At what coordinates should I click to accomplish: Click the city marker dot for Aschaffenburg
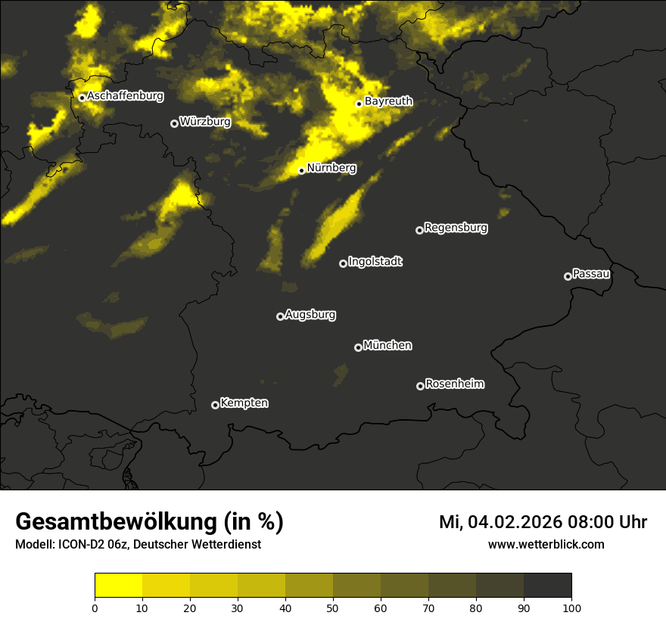click(x=82, y=98)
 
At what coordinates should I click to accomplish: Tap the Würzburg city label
click(x=205, y=122)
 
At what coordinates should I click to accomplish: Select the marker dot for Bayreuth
click(x=359, y=104)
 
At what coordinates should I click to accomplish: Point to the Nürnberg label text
click(x=331, y=168)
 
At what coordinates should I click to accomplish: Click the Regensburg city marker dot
click(x=419, y=230)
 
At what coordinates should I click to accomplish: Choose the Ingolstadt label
click(x=375, y=262)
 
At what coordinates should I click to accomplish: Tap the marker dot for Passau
click(x=568, y=276)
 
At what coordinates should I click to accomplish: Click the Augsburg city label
click(x=310, y=315)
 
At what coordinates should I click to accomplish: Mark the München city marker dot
click(x=358, y=347)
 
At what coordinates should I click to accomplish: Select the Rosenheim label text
click(x=454, y=384)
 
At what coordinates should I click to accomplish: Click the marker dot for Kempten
click(x=215, y=405)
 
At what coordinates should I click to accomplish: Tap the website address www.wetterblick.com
click(x=546, y=544)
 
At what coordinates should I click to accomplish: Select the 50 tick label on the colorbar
click(x=333, y=607)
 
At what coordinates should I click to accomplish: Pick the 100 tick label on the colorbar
click(x=571, y=607)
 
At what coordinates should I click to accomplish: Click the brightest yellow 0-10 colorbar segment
click(x=118, y=586)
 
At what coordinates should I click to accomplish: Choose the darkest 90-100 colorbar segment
click(x=547, y=586)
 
